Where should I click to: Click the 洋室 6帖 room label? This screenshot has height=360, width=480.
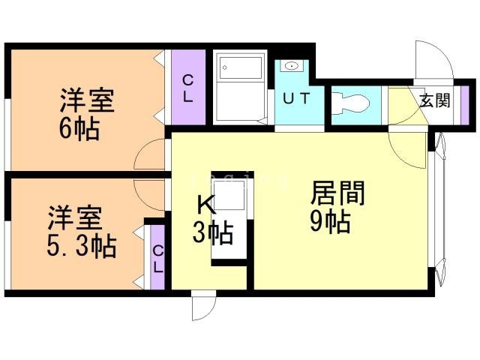click(x=79, y=113)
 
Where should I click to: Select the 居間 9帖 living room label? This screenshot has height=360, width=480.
click(x=337, y=207)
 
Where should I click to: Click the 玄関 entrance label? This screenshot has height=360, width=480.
click(x=434, y=100)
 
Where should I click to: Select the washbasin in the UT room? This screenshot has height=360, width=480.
click(x=289, y=67)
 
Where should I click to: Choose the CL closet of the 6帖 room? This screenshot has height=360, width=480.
click(x=187, y=88)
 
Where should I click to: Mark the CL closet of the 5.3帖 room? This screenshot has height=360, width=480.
click(x=157, y=257)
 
